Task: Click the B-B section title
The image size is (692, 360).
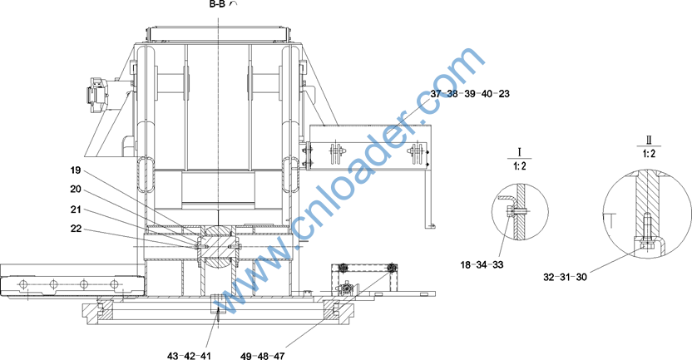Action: pyautogui.click(x=218, y=4)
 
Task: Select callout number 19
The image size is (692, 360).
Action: pyautogui.click(x=76, y=170)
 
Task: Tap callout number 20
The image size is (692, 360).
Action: pyautogui.click(x=76, y=190)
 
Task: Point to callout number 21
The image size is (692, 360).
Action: pyautogui.click(x=76, y=210)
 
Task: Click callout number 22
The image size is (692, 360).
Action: pyautogui.click(x=76, y=229)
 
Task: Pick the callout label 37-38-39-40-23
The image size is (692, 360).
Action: pyautogui.click(x=470, y=93)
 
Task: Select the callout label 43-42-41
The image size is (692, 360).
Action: pyautogui.click(x=190, y=356)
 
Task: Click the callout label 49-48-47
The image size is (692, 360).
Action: pyautogui.click(x=263, y=356)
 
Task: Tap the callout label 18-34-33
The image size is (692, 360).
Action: pyautogui.click(x=482, y=264)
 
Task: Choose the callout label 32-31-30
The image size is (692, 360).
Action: pyautogui.click(x=565, y=277)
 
